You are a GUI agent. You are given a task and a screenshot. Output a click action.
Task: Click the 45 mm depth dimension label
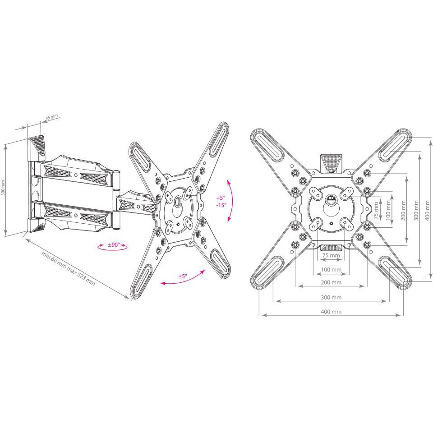pos(51,117)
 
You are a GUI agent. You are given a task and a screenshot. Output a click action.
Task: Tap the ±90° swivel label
pos(113,245)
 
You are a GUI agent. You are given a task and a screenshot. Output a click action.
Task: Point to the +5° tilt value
pos(220,198)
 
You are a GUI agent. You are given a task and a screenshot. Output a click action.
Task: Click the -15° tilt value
pos(220,205)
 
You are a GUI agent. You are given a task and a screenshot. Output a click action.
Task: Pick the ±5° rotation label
pos(182,276)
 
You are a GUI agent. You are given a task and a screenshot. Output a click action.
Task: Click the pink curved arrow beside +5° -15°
pos(231,201)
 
